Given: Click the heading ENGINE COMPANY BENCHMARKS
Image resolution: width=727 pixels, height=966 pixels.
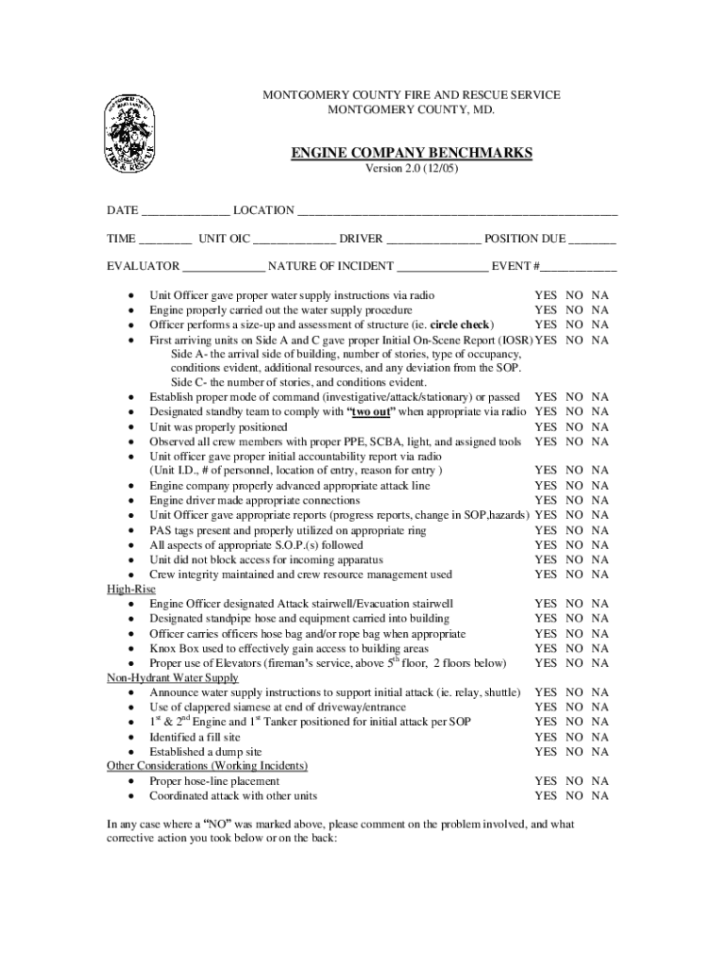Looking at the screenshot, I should click(411, 153).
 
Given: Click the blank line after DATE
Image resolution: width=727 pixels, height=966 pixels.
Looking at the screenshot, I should click(185, 211).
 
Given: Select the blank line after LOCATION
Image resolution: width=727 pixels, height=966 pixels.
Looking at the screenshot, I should click(458, 211).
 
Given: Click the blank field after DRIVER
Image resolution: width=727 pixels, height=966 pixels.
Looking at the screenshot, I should click(434, 241).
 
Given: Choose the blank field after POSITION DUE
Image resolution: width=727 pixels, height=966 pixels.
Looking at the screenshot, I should click(594, 241).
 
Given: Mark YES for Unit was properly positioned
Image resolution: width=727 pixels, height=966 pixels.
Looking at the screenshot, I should click(546, 427).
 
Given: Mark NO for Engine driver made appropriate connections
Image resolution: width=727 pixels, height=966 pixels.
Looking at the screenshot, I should click(574, 501).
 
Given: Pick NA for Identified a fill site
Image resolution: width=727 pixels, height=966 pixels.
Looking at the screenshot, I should click(600, 738).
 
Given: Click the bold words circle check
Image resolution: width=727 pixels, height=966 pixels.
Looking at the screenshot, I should click(461, 325).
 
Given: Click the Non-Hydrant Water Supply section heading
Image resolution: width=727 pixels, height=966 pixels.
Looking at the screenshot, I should click(173, 678).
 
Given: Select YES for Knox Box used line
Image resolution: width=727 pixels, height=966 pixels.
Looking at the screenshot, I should click(546, 649).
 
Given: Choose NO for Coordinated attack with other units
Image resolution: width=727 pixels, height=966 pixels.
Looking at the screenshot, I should click(574, 796).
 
